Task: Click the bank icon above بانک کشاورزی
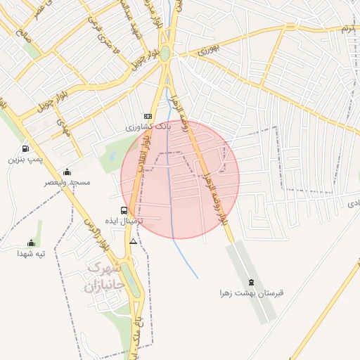click(148, 116)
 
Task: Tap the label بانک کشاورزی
click(148, 127)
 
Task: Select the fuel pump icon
click(26, 148)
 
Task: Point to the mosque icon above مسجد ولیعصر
click(67, 172)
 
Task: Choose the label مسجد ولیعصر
click(68, 183)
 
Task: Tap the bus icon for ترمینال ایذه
click(124, 210)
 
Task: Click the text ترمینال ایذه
click(134, 221)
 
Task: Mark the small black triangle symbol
click(133, 241)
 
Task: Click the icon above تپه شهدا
click(30, 243)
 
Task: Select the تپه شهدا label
click(31, 253)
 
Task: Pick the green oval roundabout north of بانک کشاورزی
click(165, 53)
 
